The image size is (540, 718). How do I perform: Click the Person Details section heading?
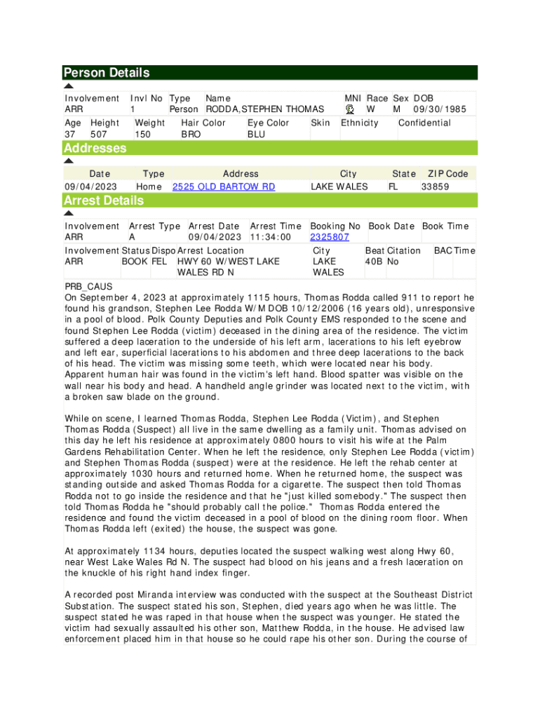107,73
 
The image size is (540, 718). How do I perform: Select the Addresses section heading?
95,148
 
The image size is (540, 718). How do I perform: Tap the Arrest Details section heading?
104,201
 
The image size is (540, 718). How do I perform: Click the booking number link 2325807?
330,237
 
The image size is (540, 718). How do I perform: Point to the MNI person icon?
351,109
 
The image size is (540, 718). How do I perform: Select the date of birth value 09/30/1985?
440,109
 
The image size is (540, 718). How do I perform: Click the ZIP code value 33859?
435,187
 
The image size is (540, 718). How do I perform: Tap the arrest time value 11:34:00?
270,237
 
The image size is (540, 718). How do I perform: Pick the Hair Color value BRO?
191,134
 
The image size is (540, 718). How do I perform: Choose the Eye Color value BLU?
257,134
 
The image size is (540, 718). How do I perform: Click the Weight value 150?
142,134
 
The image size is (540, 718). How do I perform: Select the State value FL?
393,187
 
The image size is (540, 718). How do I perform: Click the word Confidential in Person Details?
424,123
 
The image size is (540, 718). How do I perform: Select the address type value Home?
149,187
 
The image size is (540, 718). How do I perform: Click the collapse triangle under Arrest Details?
69,212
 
